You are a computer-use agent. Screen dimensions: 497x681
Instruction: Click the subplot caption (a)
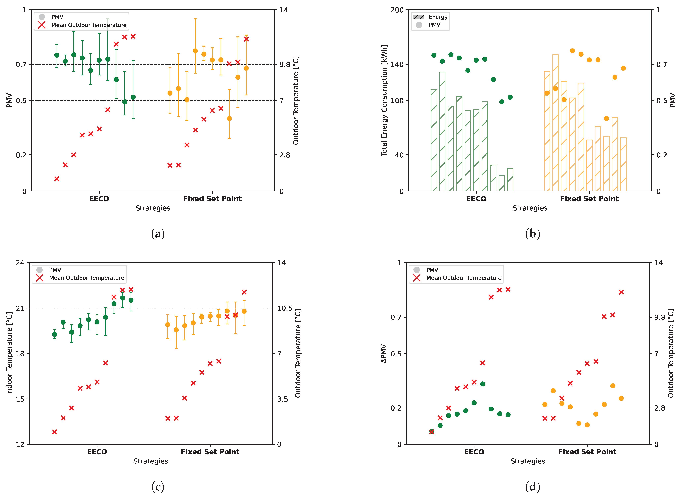(x=158, y=234)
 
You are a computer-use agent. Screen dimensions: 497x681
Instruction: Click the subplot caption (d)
(x=533, y=486)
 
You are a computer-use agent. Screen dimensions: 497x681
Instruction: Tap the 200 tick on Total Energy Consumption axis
(x=397, y=10)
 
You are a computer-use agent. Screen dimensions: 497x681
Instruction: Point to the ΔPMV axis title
(x=384, y=354)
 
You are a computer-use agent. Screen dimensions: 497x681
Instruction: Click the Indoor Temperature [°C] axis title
(x=9, y=354)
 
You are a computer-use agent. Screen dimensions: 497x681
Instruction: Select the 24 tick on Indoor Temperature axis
(x=20, y=263)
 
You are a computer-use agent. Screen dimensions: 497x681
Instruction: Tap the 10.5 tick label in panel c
(x=284, y=308)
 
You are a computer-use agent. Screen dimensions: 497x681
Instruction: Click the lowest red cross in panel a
(x=57, y=179)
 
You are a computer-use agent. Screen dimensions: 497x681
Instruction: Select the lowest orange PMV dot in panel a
(x=229, y=119)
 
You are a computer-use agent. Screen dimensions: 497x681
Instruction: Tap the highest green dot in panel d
(x=483, y=384)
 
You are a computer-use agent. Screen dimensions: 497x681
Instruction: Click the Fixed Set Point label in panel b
(x=589, y=199)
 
